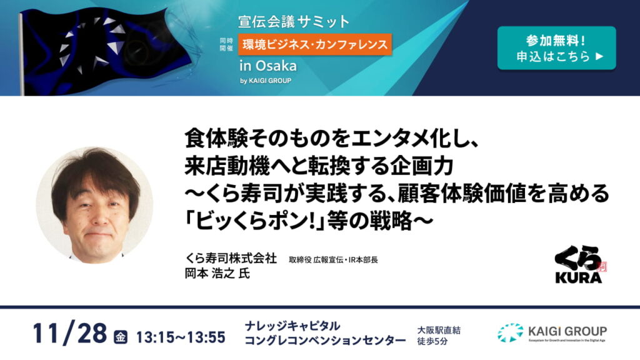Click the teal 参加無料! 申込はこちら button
[x=556, y=48]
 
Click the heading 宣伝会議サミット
[x=294, y=22]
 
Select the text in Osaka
[x=267, y=66]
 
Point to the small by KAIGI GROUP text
[x=265, y=80]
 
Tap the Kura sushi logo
[x=580, y=265]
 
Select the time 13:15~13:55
[x=179, y=337]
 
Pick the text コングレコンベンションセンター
[x=325, y=340]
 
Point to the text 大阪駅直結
[x=439, y=329]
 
